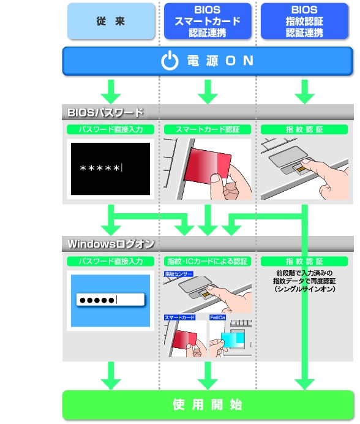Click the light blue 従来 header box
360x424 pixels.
111,21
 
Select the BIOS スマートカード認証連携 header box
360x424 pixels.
208,21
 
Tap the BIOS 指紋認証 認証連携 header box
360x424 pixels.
304,21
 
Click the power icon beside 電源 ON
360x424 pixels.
170,61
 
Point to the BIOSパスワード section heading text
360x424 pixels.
105,113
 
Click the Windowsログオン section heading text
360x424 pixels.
111,244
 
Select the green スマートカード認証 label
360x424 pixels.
208,129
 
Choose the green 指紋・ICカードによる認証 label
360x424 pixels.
208,261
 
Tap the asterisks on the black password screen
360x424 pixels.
100,168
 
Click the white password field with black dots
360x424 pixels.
111,300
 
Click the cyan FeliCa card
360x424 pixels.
233,339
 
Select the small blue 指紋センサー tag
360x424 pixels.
178,274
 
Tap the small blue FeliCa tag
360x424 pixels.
217,317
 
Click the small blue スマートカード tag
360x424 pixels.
180,317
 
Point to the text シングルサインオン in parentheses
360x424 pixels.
305,289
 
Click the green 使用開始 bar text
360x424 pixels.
208,405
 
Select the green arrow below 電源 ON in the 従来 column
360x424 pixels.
111,92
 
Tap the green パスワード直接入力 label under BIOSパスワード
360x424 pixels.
111,129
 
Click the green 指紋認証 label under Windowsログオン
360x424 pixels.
304,261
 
